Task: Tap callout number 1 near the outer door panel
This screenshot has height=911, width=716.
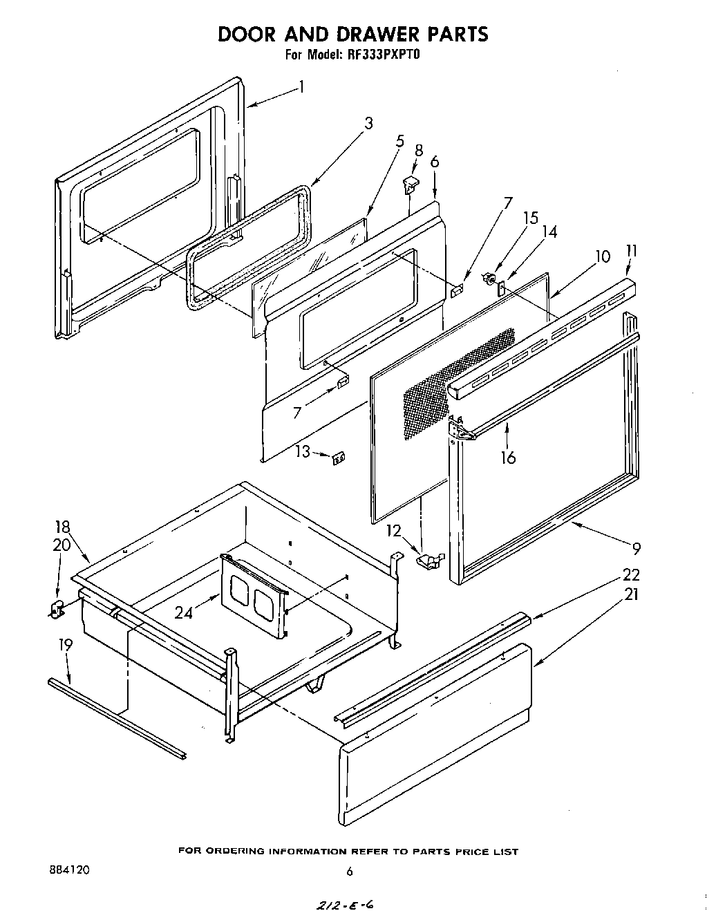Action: (301, 87)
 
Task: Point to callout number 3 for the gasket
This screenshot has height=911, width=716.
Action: (368, 123)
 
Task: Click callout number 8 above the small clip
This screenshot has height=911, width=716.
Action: (419, 150)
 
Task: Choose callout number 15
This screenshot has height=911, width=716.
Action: (530, 218)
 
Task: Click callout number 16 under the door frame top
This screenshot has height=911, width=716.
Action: (509, 457)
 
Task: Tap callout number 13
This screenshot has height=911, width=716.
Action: (303, 451)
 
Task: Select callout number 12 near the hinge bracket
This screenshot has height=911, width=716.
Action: (393, 531)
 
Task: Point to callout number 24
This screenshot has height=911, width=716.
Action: (183, 612)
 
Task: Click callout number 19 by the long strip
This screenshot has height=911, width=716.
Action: (66, 645)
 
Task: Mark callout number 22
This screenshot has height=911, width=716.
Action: (630, 574)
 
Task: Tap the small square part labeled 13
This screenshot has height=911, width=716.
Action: (338, 458)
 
